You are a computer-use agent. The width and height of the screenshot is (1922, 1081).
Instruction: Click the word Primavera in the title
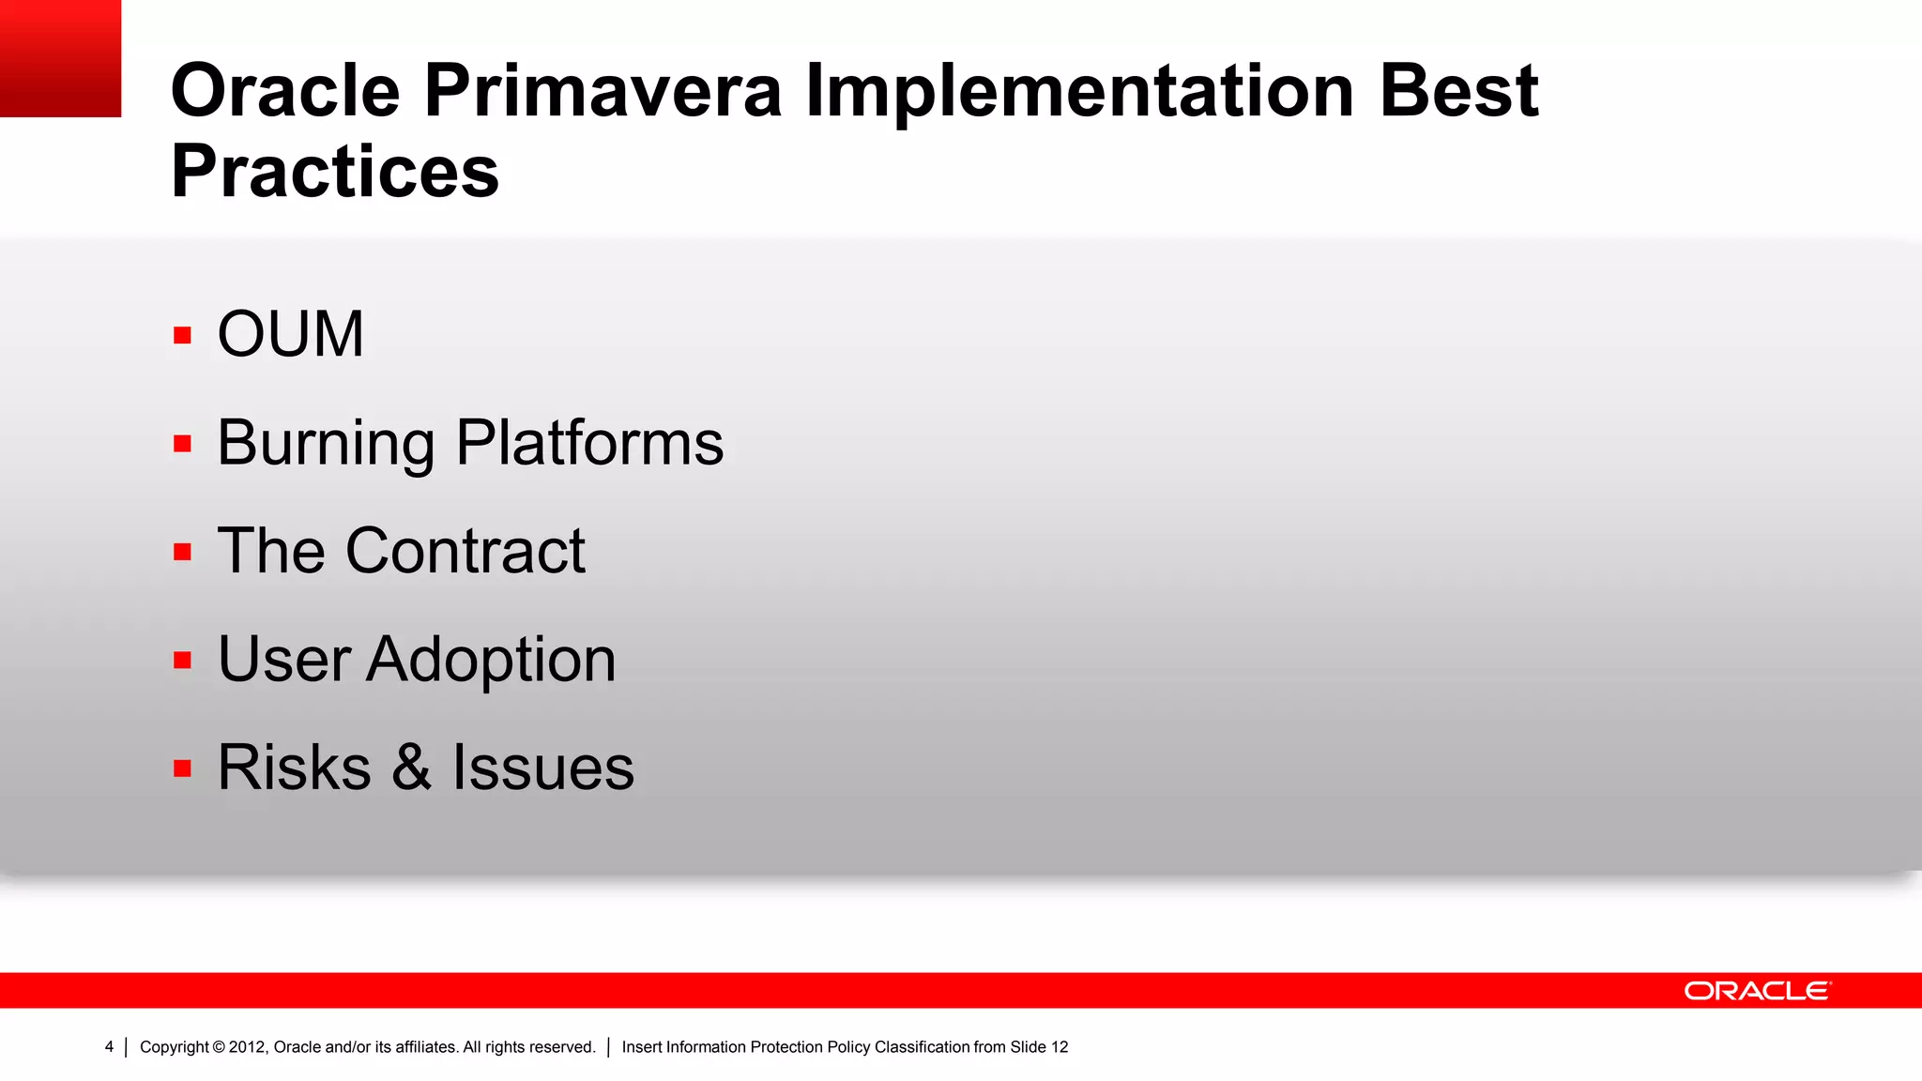coord(603,91)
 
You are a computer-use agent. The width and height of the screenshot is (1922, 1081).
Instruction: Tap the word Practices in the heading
coord(334,172)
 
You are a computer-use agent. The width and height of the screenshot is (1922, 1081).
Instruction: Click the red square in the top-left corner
coord(60,58)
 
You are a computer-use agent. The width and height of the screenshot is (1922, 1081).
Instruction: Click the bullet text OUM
coord(290,334)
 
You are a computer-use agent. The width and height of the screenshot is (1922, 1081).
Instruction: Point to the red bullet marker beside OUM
coord(182,335)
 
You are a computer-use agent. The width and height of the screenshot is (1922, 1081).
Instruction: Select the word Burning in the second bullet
coord(326,443)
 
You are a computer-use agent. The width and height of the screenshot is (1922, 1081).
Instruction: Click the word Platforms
coord(589,443)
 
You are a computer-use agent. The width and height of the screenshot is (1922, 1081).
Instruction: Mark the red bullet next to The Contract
coord(182,552)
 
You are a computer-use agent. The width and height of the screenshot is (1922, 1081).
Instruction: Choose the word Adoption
coord(491,660)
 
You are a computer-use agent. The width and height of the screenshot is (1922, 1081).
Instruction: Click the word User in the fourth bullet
coord(284,660)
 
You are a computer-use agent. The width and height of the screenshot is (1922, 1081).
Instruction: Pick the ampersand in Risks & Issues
coord(411,768)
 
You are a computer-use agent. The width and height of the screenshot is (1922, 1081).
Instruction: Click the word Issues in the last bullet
coord(542,768)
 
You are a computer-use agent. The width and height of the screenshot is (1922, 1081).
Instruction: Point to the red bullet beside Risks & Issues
coord(182,769)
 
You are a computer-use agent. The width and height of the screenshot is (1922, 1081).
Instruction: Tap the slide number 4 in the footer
coord(109,1047)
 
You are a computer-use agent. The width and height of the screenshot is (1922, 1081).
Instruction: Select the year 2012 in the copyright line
coord(247,1047)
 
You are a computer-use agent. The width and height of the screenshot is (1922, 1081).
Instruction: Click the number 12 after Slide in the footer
coord(1060,1047)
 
